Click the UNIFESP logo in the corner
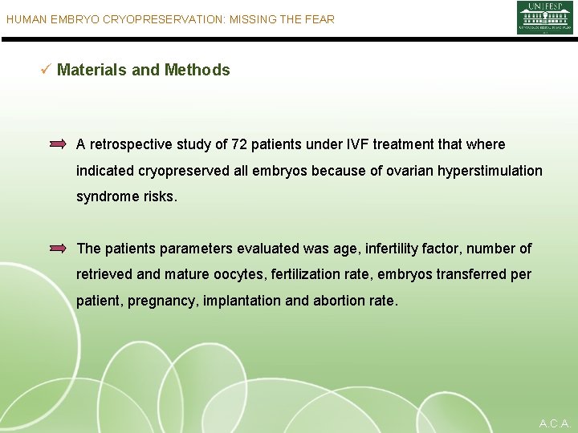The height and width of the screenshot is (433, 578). pyautogui.click(x=544, y=18)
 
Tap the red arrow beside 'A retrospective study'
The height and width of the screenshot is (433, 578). pyautogui.click(x=58, y=144)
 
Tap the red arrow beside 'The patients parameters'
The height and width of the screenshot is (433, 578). pyautogui.click(x=58, y=249)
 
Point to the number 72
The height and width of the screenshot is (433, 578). pyautogui.click(x=239, y=144)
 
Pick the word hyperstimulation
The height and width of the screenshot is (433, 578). pyautogui.click(x=491, y=171)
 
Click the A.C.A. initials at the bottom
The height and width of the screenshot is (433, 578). pyautogui.click(x=555, y=423)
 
